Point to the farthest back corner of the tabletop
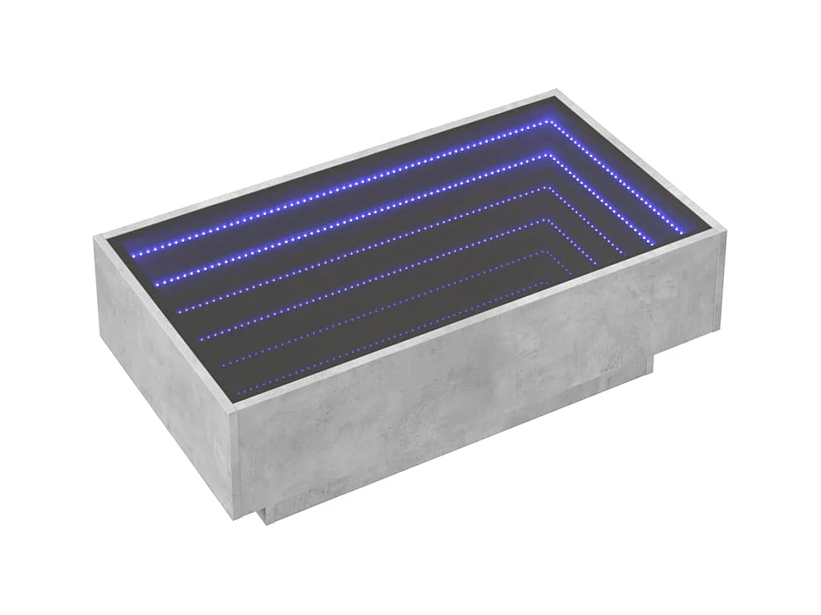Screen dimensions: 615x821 [x=556, y=91]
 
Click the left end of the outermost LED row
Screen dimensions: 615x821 [x=133, y=256]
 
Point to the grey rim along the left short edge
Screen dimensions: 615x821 [x=167, y=326]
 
